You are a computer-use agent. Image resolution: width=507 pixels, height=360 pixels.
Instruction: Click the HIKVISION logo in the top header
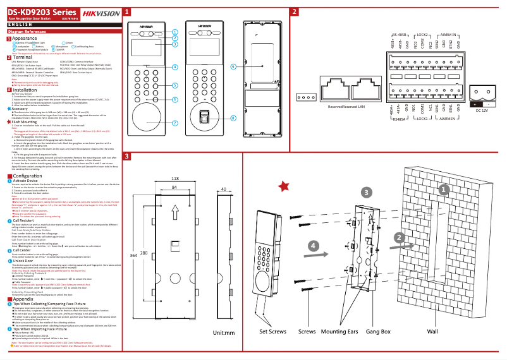[99, 12]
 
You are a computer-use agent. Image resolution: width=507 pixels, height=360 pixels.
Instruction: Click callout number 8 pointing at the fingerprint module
[233, 117]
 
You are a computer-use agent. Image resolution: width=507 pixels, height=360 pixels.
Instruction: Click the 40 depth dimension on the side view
[224, 188]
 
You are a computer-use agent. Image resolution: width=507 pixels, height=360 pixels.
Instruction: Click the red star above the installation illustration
[284, 186]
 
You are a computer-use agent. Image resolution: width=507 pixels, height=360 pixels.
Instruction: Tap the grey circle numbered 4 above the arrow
[312, 245]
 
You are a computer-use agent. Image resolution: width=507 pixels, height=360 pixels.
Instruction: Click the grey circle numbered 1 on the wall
[444, 189]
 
